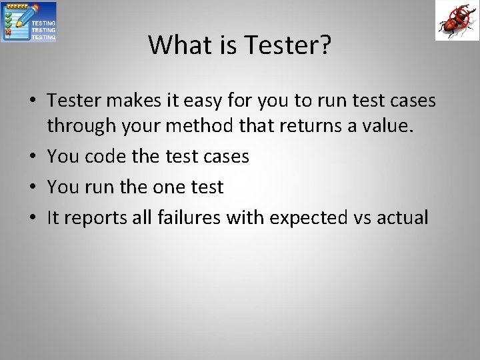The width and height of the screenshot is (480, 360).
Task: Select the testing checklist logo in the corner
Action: [29, 21]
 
